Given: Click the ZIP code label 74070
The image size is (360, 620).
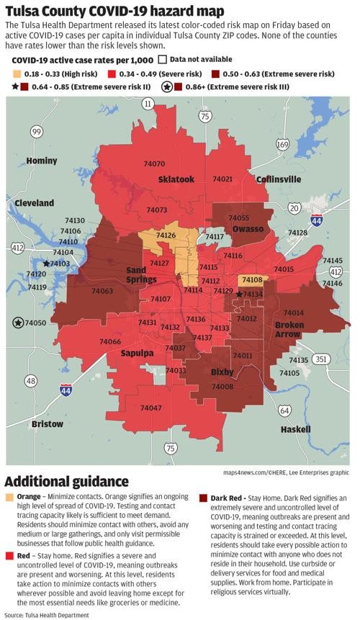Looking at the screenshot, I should pyautogui.click(x=154, y=164).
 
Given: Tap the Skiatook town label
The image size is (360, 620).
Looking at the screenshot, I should pyautogui.click(x=176, y=179).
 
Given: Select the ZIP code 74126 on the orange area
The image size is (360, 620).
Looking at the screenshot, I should pyautogui.click(x=166, y=235).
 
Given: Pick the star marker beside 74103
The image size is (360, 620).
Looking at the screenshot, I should pyautogui.click(x=47, y=264).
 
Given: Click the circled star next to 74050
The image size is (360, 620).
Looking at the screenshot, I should pyautogui.click(x=17, y=323).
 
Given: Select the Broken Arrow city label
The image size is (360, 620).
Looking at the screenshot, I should pyautogui.click(x=289, y=331).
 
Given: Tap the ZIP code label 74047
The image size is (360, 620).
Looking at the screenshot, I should pyautogui.click(x=150, y=408).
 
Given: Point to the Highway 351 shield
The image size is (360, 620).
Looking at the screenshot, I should pyautogui.click(x=321, y=359).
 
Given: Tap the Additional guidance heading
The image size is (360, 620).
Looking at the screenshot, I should pyautogui.click(x=67, y=481).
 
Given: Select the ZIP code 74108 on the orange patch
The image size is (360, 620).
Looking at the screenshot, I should pyautogui.click(x=252, y=279).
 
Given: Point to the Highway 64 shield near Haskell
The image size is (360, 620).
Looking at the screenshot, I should pyautogui.click(x=286, y=410).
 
